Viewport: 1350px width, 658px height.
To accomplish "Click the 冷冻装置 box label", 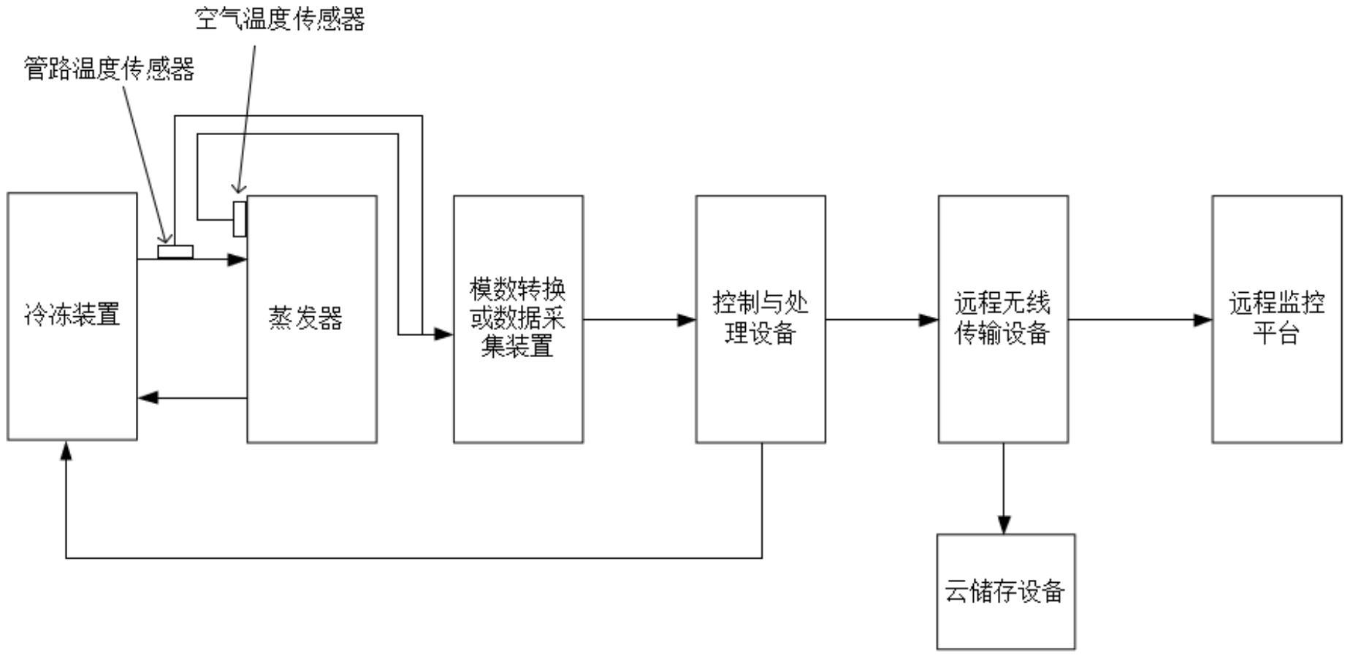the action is pyautogui.click(x=72, y=315).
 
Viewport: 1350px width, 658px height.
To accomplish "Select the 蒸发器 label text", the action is pyautogui.click(x=305, y=318).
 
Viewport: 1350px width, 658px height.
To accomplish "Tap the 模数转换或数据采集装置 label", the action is pyautogui.click(x=518, y=318).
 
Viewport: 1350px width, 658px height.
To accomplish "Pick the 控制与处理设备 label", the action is pyautogui.click(x=760, y=318).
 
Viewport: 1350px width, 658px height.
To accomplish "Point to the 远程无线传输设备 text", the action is pyautogui.click(x=1002, y=318).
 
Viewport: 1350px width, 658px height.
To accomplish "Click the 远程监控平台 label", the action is pyautogui.click(x=1276, y=318).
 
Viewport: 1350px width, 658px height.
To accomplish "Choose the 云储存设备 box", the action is pyautogui.click(x=1005, y=591).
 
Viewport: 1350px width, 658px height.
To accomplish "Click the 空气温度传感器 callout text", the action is pyautogui.click(x=280, y=20).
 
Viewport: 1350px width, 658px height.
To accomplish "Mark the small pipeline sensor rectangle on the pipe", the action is pyautogui.click(x=175, y=252).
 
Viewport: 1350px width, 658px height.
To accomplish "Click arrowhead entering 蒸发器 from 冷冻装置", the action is pyautogui.click(x=237, y=259).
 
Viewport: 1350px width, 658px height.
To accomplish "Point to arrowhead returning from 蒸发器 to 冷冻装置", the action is pyautogui.click(x=148, y=398).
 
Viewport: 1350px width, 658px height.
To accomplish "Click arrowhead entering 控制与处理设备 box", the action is pyautogui.click(x=686, y=320).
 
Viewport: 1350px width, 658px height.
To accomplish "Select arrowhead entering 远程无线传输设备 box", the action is pyautogui.click(x=928, y=320).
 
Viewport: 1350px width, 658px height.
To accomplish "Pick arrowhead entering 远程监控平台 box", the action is pyautogui.click(x=1202, y=320).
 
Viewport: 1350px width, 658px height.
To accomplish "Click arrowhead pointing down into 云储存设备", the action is pyautogui.click(x=1004, y=524).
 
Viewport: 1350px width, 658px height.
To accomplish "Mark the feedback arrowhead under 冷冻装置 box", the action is pyautogui.click(x=66, y=451).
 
